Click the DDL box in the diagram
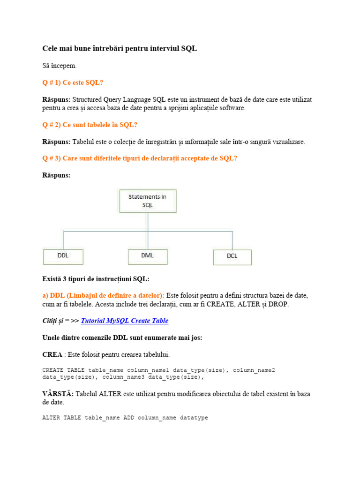pos(63,256)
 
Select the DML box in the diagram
pos(147,256)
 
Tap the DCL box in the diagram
pos(232,257)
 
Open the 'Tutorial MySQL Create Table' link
pos(125,321)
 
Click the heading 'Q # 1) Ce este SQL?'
pos(73,82)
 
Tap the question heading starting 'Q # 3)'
pos(140,158)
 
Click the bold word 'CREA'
pos(52,354)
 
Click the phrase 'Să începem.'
pos(60,66)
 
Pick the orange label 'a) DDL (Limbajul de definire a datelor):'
pos(103,295)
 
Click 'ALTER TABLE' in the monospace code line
pos(62,417)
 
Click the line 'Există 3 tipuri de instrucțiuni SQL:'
pos(96,279)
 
